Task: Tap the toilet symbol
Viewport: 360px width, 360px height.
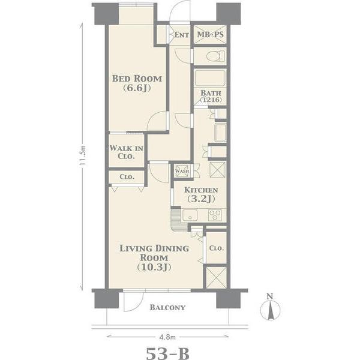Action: tap(215, 56)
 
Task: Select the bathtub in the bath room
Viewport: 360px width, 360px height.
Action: tap(210, 78)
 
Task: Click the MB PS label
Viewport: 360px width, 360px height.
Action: tap(211, 34)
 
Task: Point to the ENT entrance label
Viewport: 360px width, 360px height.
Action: tap(182, 35)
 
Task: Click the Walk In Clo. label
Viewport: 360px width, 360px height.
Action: tap(126, 152)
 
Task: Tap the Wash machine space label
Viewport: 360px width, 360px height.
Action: tap(182, 171)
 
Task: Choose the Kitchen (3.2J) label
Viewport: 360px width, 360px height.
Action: tap(201, 194)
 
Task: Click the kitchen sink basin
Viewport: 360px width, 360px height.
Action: tap(190, 215)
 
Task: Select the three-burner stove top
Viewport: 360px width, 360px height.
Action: tap(215, 215)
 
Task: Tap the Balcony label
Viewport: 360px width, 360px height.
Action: tap(167, 307)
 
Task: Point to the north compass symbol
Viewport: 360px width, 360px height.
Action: tap(270, 308)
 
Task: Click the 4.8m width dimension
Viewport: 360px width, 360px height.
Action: tap(167, 337)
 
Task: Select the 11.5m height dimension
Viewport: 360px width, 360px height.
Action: tap(83, 155)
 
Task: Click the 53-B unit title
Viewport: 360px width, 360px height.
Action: tap(167, 353)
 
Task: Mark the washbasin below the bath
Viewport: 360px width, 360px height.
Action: tap(220, 133)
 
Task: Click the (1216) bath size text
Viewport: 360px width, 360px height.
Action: tap(211, 100)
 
